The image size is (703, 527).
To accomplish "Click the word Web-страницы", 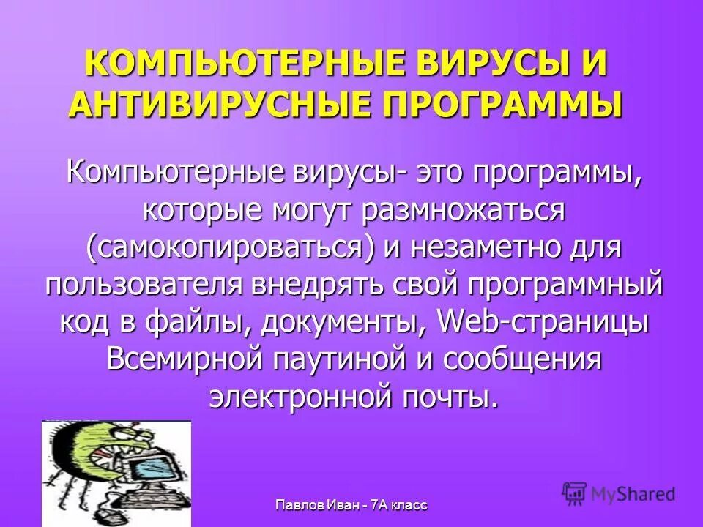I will point(543,323).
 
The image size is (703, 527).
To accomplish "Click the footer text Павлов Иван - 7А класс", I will point(351,505).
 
